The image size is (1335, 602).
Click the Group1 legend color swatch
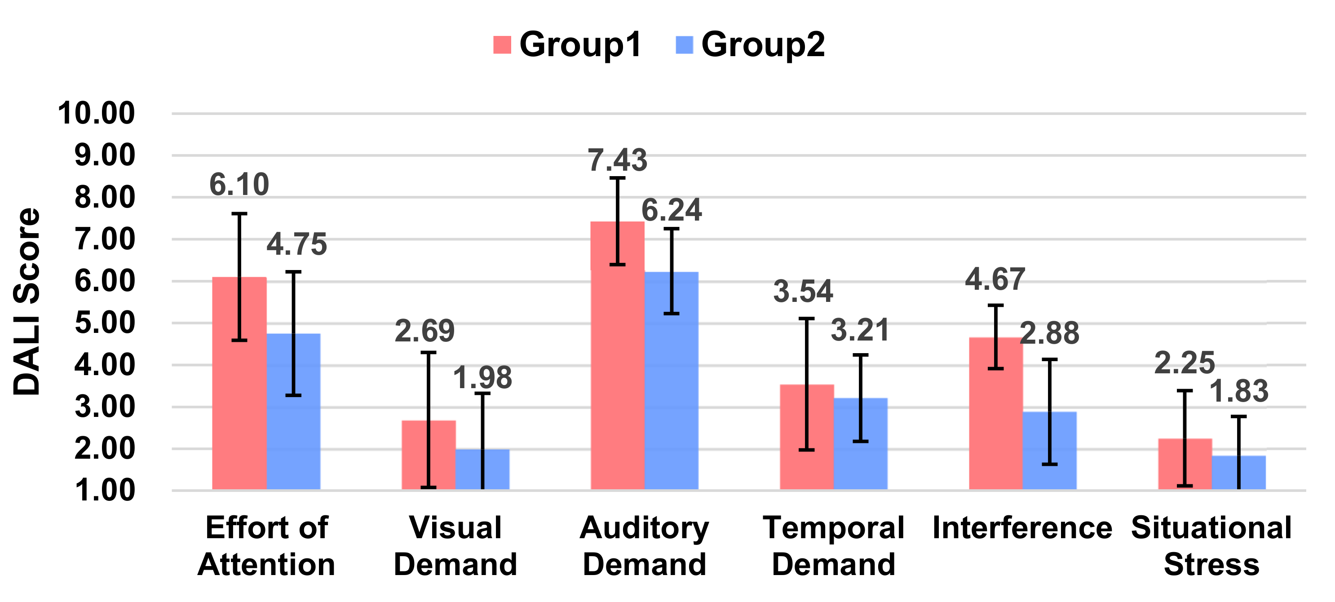[502, 44]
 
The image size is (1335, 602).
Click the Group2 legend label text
[763, 44]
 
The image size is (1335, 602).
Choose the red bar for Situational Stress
[1185, 464]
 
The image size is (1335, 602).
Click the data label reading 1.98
[482, 377]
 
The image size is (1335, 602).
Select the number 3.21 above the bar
[860, 330]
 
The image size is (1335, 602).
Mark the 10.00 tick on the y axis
[97, 113]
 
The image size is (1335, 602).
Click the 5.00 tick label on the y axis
[105, 323]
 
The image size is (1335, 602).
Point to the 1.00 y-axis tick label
[105, 491]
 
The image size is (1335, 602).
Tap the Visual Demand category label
[455, 545]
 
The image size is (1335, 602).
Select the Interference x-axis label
[1022, 528]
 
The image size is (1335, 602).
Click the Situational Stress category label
[1211, 545]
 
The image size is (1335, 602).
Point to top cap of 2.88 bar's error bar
[1049, 359]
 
